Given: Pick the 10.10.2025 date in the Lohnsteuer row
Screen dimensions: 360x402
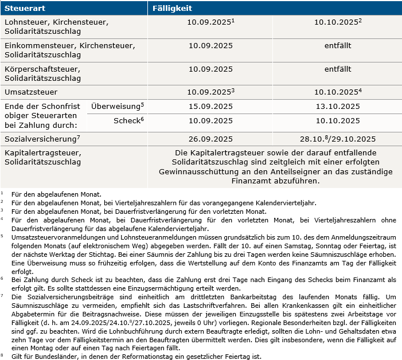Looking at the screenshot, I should point(337,22).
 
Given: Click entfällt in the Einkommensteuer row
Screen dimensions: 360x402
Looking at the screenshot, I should point(337,45).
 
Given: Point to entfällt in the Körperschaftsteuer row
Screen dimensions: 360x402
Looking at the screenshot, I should point(337,69).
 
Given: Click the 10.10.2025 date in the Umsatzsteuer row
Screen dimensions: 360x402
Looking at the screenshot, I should point(337,92).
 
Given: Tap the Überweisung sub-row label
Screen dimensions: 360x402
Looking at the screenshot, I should point(116,106).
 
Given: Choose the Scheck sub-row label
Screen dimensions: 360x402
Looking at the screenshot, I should point(127,121).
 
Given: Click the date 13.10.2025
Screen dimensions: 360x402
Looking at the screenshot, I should point(337,107).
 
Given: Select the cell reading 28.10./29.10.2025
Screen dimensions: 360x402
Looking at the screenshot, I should point(337,139).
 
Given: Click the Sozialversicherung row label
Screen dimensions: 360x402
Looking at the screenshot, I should point(40,139).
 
